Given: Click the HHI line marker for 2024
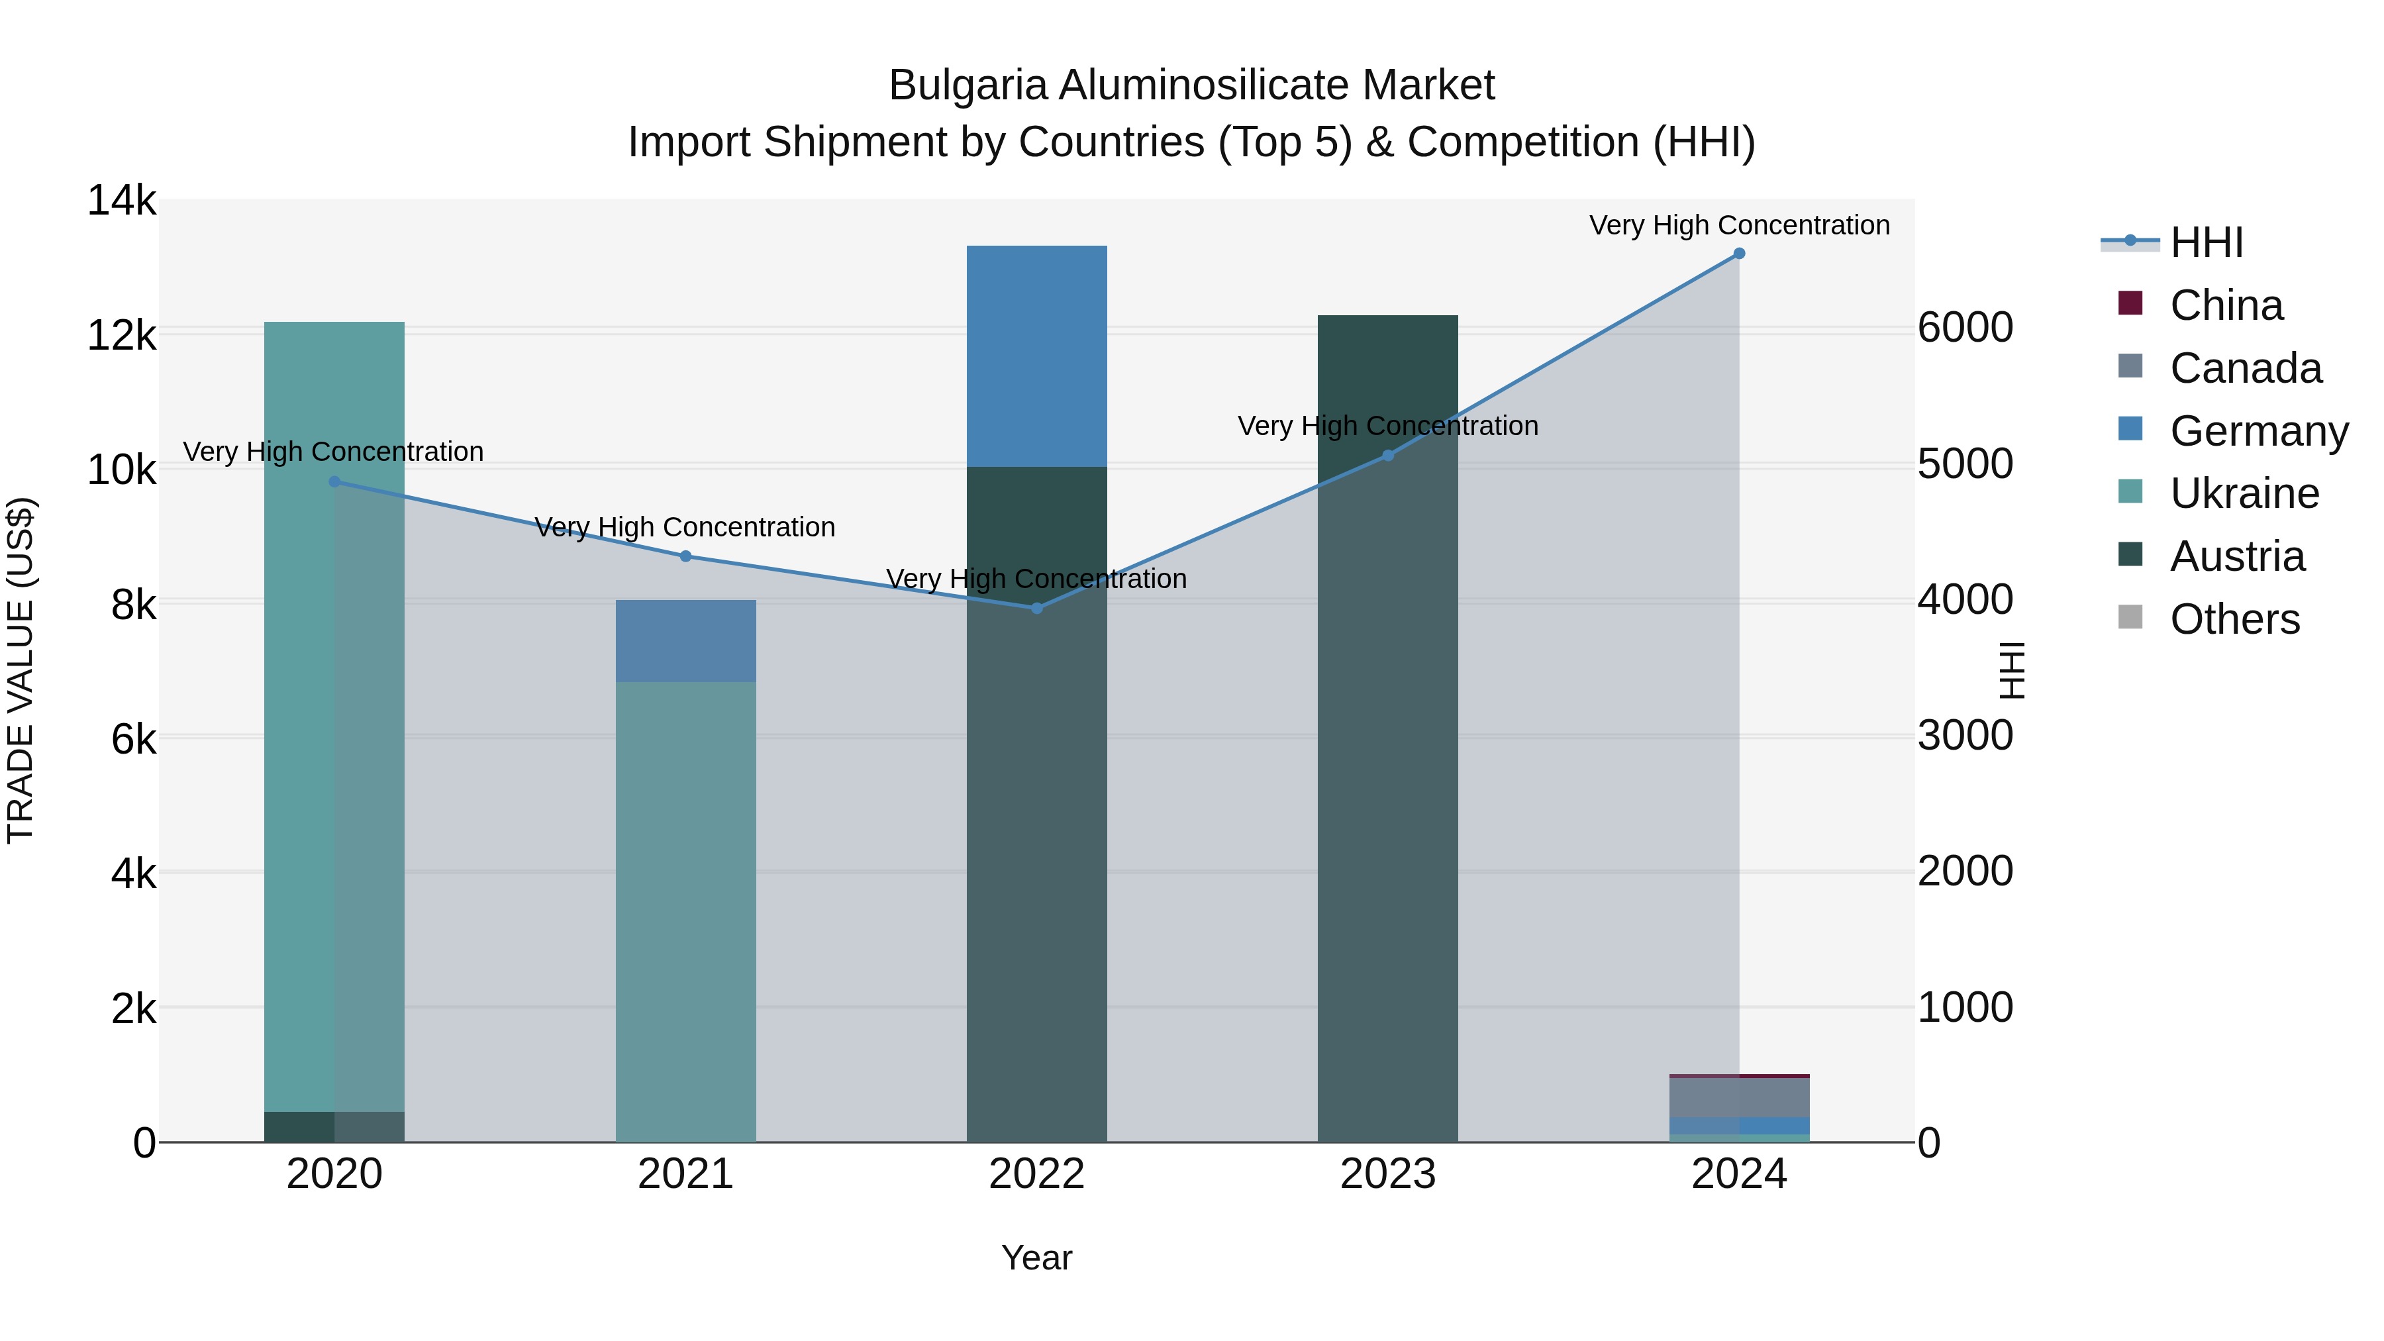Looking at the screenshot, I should (1739, 254).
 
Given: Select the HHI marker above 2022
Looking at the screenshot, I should (1036, 608).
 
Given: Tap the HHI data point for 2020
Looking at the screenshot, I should (334, 482).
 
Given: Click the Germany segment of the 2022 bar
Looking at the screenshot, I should (1036, 356).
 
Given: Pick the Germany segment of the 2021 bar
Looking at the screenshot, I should (686, 641).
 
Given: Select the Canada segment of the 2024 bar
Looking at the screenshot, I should (1739, 1097).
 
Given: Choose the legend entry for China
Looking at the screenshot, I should (2225, 305).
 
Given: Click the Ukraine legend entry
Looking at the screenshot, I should (2244, 493).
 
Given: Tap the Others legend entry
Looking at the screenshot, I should (2234, 619).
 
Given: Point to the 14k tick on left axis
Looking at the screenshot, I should (122, 201).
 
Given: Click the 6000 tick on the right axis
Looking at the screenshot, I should (1965, 328).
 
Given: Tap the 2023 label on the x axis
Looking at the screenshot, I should (1387, 1174).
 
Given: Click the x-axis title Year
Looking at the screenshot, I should (1036, 1258).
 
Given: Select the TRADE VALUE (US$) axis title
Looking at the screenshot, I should (21, 670).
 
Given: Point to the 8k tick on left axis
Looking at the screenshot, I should (133, 605).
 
